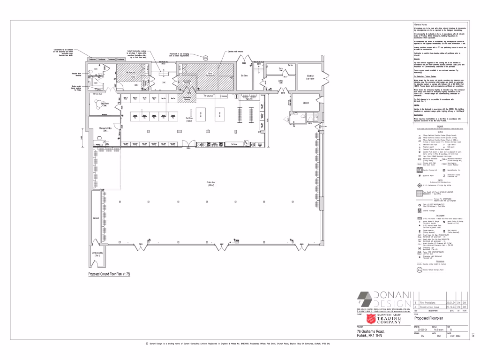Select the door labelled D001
click(x=140, y=244)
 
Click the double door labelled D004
click(x=187, y=148)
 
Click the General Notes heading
click(x=420, y=24)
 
